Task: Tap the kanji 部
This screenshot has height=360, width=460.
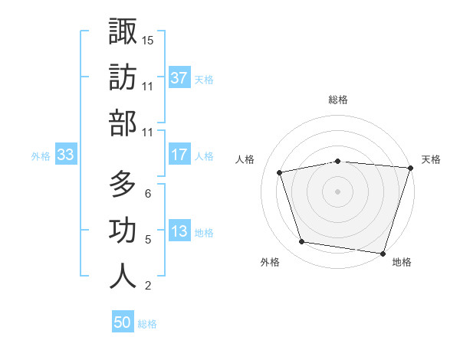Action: (x=123, y=123)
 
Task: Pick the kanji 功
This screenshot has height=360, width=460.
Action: (x=123, y=231)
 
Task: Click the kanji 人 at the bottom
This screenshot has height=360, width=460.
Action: (x=123, y=277)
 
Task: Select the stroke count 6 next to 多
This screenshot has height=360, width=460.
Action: (x=148, y=194)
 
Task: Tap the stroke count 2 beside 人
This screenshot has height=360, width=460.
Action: (x=148, y=286)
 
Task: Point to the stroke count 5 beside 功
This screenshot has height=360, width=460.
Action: (x=148, y=240)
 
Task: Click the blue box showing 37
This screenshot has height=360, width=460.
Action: (x=179, y=78)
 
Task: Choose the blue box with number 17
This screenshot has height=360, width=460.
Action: (x=179, y=155)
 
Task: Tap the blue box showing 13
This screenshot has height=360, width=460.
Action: (x=179, y=232)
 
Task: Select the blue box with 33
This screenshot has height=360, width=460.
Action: (x=65, y=155)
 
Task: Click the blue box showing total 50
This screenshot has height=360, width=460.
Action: (x=123, y=322)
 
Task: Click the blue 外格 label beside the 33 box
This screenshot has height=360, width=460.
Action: (x=41, y=156)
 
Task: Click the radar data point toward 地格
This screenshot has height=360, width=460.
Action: (x=383, y=253)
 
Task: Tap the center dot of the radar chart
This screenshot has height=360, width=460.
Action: (x=337, y=191)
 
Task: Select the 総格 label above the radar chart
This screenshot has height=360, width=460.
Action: (x=337, y=100)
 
